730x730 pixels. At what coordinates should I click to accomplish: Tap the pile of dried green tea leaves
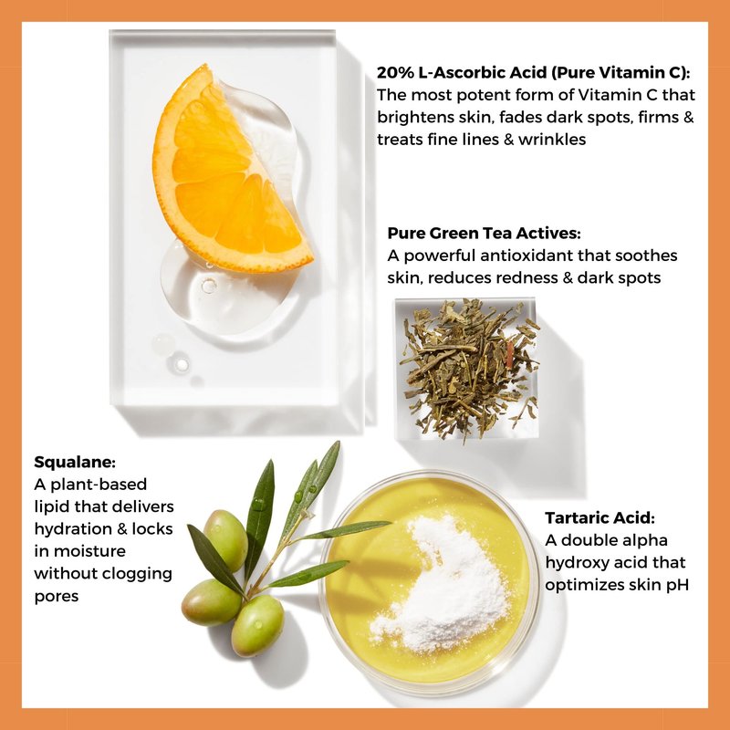(469, 369)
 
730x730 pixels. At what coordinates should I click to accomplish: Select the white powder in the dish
(443, 584)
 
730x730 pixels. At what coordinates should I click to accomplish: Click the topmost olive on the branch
(225, 540)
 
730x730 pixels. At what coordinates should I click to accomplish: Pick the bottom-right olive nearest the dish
(257, 625)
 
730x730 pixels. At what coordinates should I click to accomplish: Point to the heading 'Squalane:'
(75, 463)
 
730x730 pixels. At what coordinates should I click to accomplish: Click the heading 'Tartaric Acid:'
(600, 517)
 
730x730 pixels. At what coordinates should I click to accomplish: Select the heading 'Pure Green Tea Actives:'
(485, 233)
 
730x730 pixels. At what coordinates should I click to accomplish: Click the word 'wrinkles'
(552, 140)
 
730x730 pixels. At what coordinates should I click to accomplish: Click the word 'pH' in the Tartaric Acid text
(677, 585)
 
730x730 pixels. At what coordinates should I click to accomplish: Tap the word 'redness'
(527, 278)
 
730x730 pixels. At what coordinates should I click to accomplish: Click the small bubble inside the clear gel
(209, 285)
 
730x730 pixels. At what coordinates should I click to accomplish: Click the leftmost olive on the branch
(211, 602)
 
